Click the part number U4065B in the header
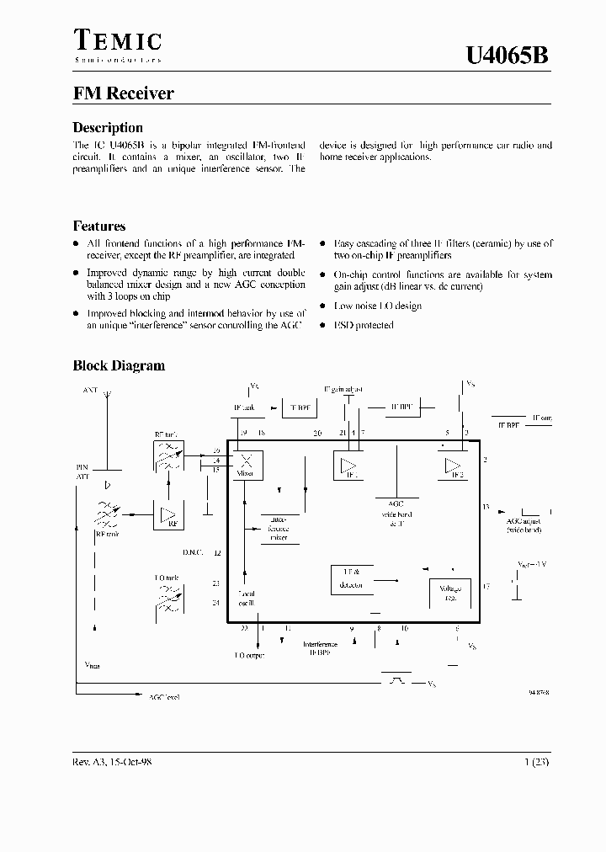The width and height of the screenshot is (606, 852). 508,56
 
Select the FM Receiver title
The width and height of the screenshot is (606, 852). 124,93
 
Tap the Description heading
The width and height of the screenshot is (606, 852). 108,128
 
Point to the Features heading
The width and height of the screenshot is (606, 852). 99,226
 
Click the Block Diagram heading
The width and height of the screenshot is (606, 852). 119,365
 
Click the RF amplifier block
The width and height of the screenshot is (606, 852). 169,515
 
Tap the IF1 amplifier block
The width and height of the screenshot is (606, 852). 348,466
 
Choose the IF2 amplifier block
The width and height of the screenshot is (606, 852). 454,466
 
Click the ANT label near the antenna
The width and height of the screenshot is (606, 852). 90,390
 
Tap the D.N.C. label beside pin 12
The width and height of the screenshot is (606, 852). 193,553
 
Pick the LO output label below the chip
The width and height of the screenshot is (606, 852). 248,654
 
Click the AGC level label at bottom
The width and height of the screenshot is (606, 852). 164,697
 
